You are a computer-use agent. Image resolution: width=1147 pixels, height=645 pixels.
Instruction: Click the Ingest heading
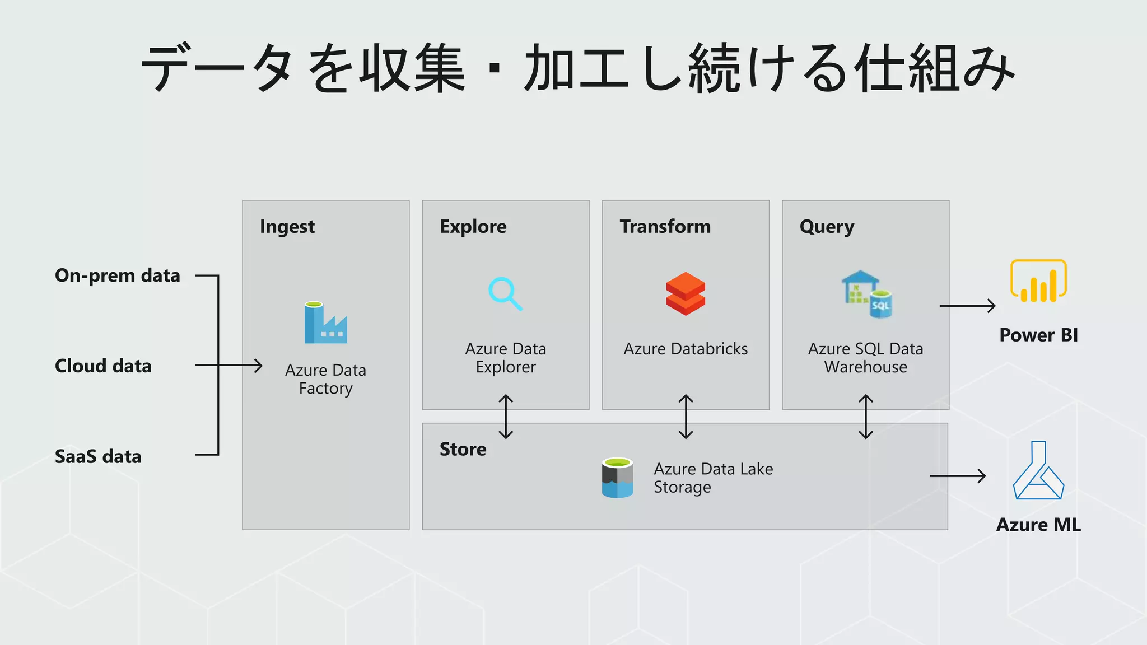(287, 227)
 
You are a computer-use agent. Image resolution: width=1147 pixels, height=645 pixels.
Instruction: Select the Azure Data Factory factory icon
(325, 323)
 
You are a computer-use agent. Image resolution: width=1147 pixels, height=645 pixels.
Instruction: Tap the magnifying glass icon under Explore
(505, 293)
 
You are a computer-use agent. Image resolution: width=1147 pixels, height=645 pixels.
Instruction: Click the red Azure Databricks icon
(686, 294)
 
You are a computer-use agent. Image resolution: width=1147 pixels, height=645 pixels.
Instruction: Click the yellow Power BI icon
(1038, 281)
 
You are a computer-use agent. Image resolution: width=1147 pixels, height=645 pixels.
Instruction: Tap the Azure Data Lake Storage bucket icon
(617, 478)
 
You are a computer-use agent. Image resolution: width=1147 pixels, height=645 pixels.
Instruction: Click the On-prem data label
(118, 275)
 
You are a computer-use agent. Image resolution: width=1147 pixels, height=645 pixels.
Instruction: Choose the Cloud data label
(103, 366)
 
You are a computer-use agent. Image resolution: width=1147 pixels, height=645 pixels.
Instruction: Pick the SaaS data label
(98, 457)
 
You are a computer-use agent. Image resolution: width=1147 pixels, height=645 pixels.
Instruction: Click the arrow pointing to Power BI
(967, 306)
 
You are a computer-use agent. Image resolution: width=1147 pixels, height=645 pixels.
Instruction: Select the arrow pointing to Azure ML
(957, 476)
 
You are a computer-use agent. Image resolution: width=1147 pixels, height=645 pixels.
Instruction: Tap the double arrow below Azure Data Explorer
(506, 417)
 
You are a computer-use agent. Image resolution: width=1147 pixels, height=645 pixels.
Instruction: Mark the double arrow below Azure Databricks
(686, 417)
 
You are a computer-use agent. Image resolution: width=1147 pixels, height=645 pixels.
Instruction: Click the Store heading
(463, 449)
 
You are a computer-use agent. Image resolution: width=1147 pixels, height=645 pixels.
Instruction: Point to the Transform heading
(665, 227)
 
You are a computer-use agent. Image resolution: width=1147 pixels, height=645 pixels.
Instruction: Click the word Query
(827, 227)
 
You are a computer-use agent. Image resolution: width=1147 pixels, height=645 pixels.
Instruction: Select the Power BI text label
(1038, 335)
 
